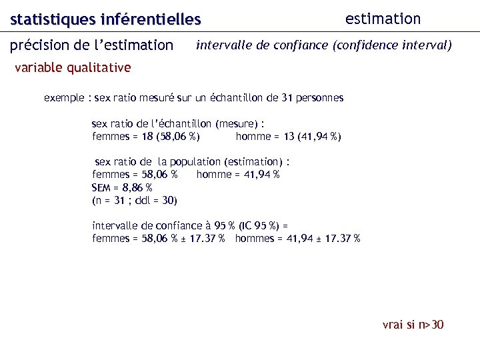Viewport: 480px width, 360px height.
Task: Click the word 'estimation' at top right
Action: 383,19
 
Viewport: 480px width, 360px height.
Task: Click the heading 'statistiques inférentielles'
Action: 105,20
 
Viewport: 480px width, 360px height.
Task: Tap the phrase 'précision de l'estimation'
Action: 91,45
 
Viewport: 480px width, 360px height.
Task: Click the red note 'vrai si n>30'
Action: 413,325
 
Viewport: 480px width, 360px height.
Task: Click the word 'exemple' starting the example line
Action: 64,98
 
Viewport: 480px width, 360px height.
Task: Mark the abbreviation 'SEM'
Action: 102,187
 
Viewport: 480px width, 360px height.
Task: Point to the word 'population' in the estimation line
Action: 195,162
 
